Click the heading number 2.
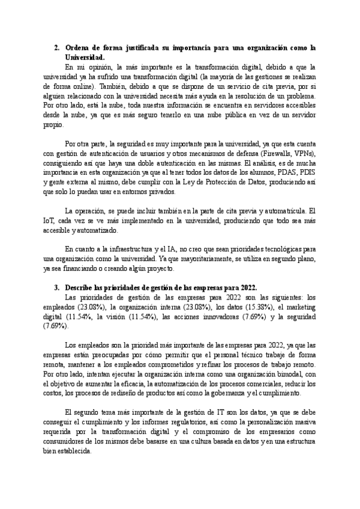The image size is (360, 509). click(56, 47)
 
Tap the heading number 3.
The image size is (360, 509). click(56, 287)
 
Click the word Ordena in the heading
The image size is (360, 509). click(76, 47)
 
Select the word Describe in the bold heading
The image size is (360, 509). click(80, 287)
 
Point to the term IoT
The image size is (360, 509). click(52, 221)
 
